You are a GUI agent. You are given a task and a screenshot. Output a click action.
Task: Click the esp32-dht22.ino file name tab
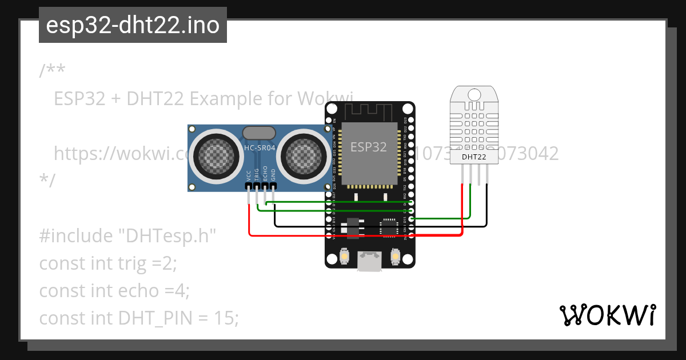pos(133,25)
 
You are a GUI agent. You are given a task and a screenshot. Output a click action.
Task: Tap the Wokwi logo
pos(607,315)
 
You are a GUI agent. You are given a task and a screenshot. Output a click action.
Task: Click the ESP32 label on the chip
pos(368,147)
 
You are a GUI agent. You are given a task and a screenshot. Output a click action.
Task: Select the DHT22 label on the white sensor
pos(474,157)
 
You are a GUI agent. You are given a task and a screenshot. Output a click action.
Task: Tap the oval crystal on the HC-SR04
pos(260,133)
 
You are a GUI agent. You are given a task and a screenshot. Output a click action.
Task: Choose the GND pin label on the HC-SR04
pos(273,174)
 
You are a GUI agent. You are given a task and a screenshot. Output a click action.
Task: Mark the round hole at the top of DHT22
pos(474,94)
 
